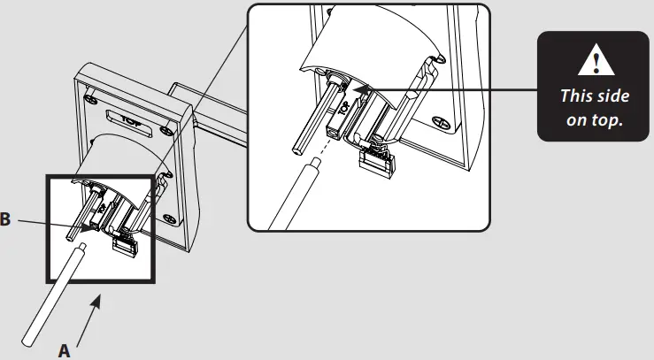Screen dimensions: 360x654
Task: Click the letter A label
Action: [64, 349]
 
